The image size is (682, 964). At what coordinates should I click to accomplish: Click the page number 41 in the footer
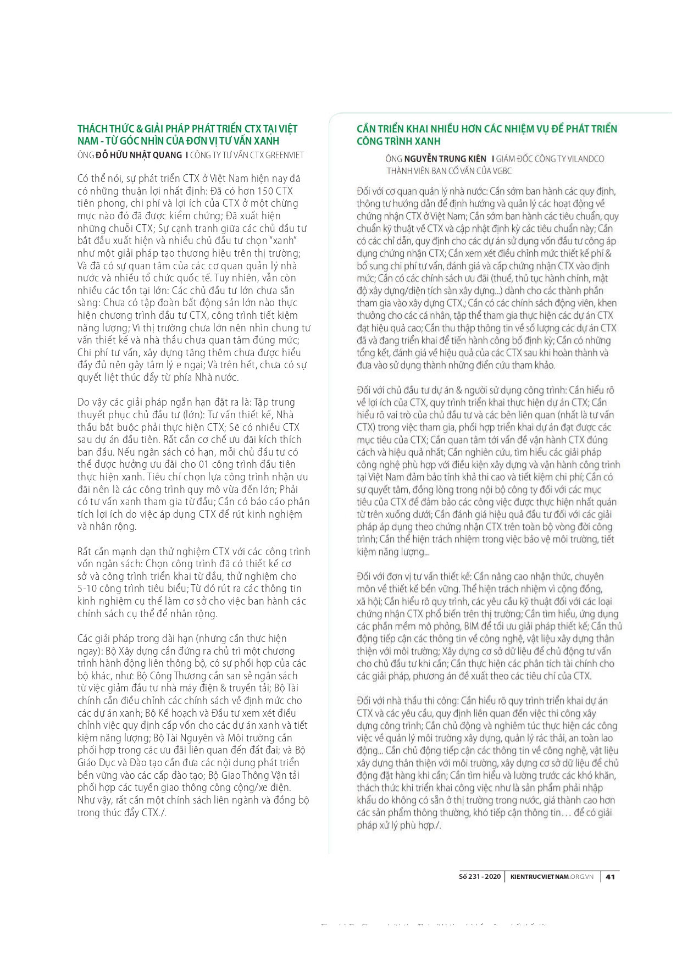(x=610, y=877)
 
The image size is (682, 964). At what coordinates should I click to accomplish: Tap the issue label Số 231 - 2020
(x=480, y=877)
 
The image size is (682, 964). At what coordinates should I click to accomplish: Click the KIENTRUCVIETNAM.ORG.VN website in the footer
(x=552, y=877)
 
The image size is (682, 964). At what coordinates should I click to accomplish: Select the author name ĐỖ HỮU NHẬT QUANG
(x=139, y=155)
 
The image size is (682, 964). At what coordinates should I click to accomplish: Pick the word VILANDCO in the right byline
(x=583, y=159)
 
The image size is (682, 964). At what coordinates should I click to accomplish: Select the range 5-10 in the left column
(x=88, y=589)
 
